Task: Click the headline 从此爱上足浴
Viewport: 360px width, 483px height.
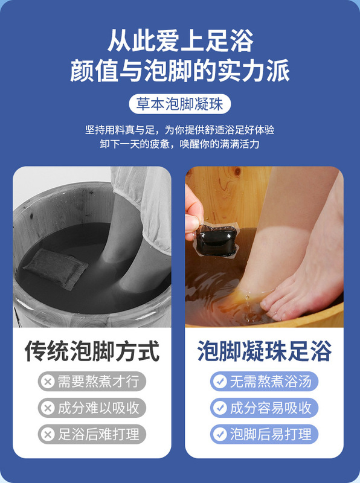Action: click(180, 40)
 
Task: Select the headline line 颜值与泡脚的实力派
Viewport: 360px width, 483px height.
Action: click(180, 71)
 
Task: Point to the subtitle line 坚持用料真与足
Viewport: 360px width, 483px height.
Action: click(180, 129)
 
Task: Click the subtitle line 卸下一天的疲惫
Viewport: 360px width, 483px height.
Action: click(180, 144)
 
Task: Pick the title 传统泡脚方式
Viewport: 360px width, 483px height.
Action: click(92, 351)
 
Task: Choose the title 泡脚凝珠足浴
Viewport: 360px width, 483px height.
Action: click(264, 351)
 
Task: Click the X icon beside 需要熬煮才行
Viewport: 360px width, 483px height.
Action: click(47, 382)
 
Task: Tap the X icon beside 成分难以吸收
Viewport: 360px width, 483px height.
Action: click(47, 408)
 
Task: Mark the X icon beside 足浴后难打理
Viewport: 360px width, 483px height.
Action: click(47, 434)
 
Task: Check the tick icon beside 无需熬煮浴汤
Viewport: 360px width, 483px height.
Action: click(219, 382)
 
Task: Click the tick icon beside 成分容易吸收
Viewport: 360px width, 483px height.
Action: click(219, 408)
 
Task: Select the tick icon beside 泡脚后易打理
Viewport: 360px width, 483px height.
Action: click(219, 434)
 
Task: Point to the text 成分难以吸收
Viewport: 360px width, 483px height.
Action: click(98, 408)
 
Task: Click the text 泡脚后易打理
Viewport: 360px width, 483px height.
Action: click(271, 434)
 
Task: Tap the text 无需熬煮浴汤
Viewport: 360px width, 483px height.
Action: click(271, 382)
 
